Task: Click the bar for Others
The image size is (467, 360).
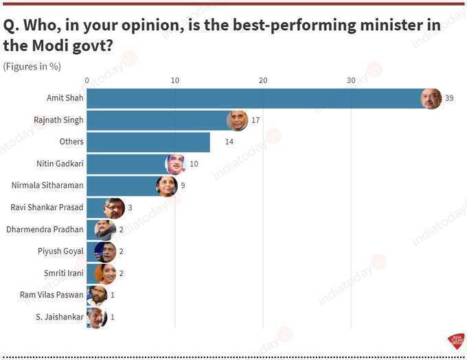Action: pyautogui.click(x=148, y=142)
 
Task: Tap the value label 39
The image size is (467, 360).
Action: pyautogui.click(x=449, y=98)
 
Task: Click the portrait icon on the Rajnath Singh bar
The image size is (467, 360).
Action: pyautogui.click(x=237, y=120)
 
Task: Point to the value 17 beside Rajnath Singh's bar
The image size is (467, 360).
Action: pyautogui.click(x=255, y=120)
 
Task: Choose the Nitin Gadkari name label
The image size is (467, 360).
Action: pyautogui.click(x=60, y=164)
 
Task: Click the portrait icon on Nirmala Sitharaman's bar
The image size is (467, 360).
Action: pyautogui.click(x=166, y=185)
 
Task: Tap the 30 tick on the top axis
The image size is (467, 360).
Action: pyautogui.click(x=350, y=80)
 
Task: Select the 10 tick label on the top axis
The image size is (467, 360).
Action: pyautogui.click(x=174, y=80)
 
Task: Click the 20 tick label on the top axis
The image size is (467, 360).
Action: pyautogui.click(x=262, y=80)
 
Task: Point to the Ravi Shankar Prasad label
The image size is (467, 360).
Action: pyautogui.click(x=47, y=207)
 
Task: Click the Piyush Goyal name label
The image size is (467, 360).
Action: pyautogui.click(x=60, y=251)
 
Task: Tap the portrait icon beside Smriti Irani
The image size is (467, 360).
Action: pyautogui.click(x=105, y=273)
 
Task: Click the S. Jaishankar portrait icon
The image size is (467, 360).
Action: pyautogui.click(x=98, y=317)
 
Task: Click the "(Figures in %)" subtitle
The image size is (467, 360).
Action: pyautogui.click(x=32, y=66)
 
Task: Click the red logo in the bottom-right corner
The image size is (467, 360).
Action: pyautogui.click(x=455, y=341)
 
